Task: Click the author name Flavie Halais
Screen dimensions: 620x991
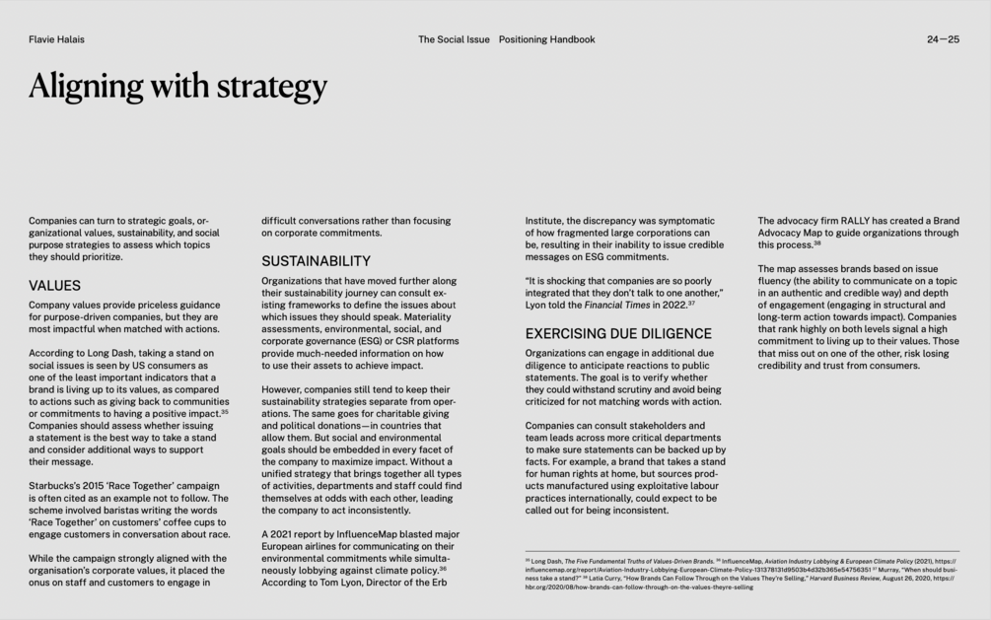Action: click(56, 39)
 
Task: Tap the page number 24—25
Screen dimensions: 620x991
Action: click(943, 39)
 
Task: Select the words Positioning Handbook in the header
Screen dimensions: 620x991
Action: click(546, 39)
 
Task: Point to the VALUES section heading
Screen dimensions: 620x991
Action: click(54, 286)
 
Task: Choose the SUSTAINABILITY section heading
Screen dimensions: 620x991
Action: click(316, 261)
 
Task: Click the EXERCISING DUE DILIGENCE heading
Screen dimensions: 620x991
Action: click(618, 334)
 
